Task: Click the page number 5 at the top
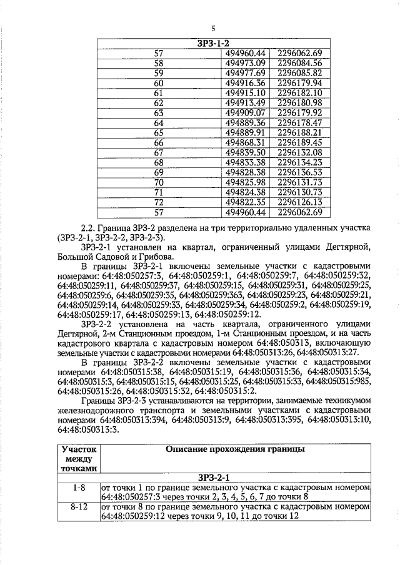coord(212,29)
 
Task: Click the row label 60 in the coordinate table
coord(158,83)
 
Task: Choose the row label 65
coord(158,133)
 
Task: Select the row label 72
coord(158,202)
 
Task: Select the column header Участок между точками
coord(79,458)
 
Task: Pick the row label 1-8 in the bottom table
coord(79,487)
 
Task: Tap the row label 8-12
coord(79,507)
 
